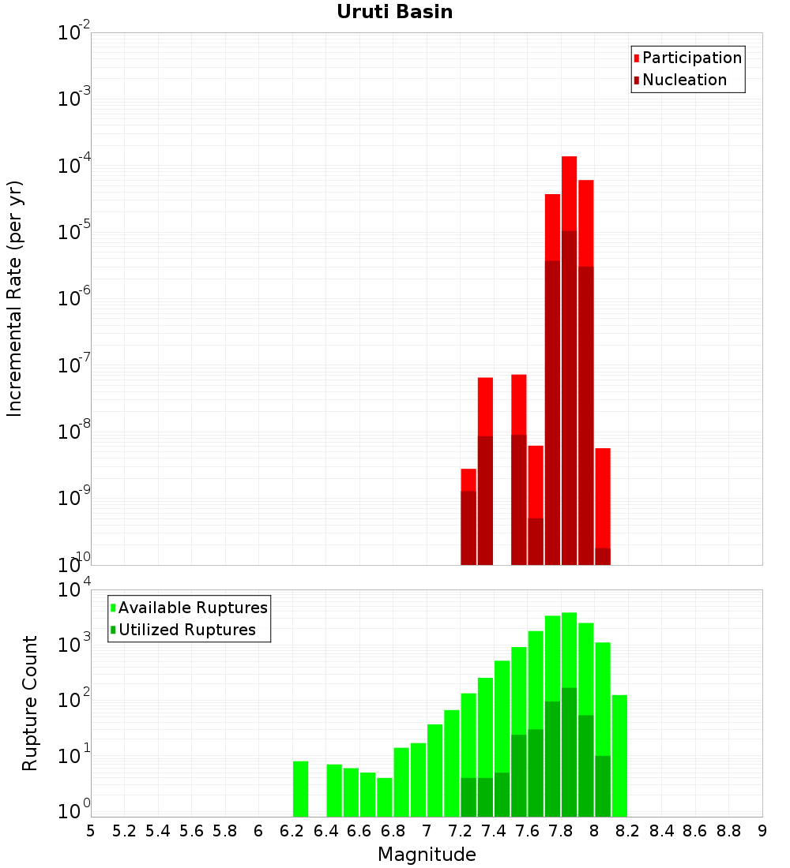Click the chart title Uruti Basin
[394, 12]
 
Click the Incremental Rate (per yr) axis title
[15, 298]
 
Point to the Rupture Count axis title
[30, 703]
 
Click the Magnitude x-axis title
[427, 855]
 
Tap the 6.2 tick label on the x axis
[292, 831]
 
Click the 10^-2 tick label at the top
[74, 34]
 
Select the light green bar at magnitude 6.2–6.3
[300, 789]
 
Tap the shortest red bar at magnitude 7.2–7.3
[468, 480]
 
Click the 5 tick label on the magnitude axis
[91, 831]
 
